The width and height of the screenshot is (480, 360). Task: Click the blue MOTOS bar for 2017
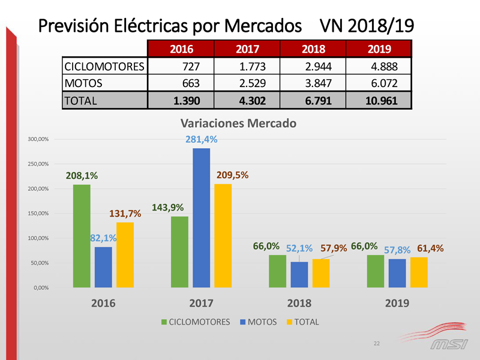coord(201,218)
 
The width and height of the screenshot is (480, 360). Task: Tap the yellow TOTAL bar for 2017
coord(223,236)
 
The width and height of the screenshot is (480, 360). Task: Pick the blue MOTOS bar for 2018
coord(299,275)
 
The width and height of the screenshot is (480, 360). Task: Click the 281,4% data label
coord(201,140)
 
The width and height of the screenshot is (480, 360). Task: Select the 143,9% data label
coord(168,208)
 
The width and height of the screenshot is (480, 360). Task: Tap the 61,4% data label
coord(430,248)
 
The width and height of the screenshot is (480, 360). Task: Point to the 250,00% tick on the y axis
coord(40,164)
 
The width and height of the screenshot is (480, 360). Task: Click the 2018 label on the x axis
coord(299,304)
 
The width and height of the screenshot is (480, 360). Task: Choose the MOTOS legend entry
coord(258,322)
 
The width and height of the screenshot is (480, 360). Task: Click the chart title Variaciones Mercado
coord(238,124)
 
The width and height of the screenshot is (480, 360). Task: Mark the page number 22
coord(376,343)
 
